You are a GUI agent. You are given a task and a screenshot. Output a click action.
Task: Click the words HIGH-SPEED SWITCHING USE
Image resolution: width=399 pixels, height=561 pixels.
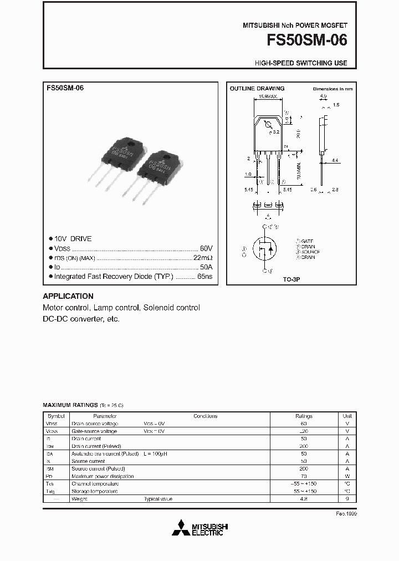pos(301,63)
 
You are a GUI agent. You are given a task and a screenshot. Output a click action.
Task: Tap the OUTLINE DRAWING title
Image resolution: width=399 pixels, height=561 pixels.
pos(257,89)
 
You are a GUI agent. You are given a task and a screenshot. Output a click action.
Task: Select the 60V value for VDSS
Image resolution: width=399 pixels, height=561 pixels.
pos(206,248)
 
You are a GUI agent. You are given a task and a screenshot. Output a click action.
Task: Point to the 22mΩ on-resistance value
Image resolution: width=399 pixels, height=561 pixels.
pos(203,258)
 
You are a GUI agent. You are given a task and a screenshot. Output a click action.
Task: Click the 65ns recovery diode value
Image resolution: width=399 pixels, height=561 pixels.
pos(205,276)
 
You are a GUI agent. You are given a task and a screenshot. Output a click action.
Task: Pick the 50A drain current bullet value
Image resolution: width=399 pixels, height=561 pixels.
pos(206,267)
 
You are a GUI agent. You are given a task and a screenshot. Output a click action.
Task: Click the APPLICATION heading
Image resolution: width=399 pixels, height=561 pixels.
pos(68,296)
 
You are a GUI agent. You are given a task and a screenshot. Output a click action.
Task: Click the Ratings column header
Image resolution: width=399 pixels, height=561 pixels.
pos(304,416)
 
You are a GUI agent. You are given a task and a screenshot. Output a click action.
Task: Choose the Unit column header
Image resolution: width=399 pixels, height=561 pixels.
pos(347,416)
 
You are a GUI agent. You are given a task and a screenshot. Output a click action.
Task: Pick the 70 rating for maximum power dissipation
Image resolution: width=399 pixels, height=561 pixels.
pos(304,476)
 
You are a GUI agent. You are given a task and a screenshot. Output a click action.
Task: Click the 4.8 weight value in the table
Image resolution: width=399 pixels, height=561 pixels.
pos(304,499)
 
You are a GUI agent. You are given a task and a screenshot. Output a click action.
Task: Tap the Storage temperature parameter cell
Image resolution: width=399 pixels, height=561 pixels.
pos(95,491)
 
